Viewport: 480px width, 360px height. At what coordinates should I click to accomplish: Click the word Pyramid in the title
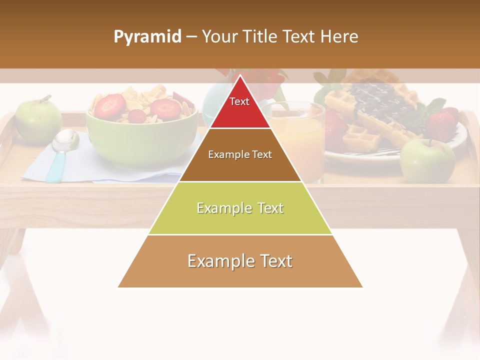tap(147, 37)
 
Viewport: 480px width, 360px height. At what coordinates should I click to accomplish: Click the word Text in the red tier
tap(239, 101)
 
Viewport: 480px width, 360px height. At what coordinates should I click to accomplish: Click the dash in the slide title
tap(191, 37)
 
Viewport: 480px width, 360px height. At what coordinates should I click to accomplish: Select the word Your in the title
tap(220, 37)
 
